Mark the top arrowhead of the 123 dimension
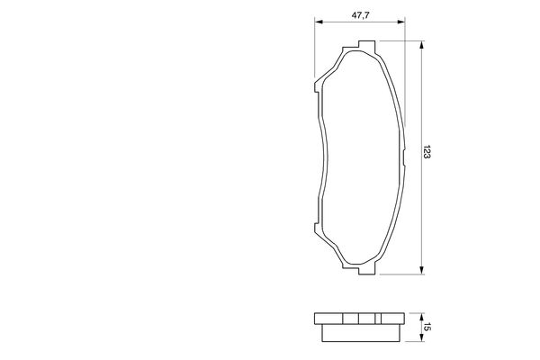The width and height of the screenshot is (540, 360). pyautogui.click(x=422, y=42)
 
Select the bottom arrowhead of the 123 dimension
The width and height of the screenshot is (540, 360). pyautogui.click(x=422, y=267)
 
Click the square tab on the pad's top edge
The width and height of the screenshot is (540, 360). pyautogui.click(x=364, y=45)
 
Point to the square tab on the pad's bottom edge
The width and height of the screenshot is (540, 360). pyautogui.click(x=364, y=265)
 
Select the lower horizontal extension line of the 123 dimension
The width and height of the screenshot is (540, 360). pyautogui.click(x=400, y=270)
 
